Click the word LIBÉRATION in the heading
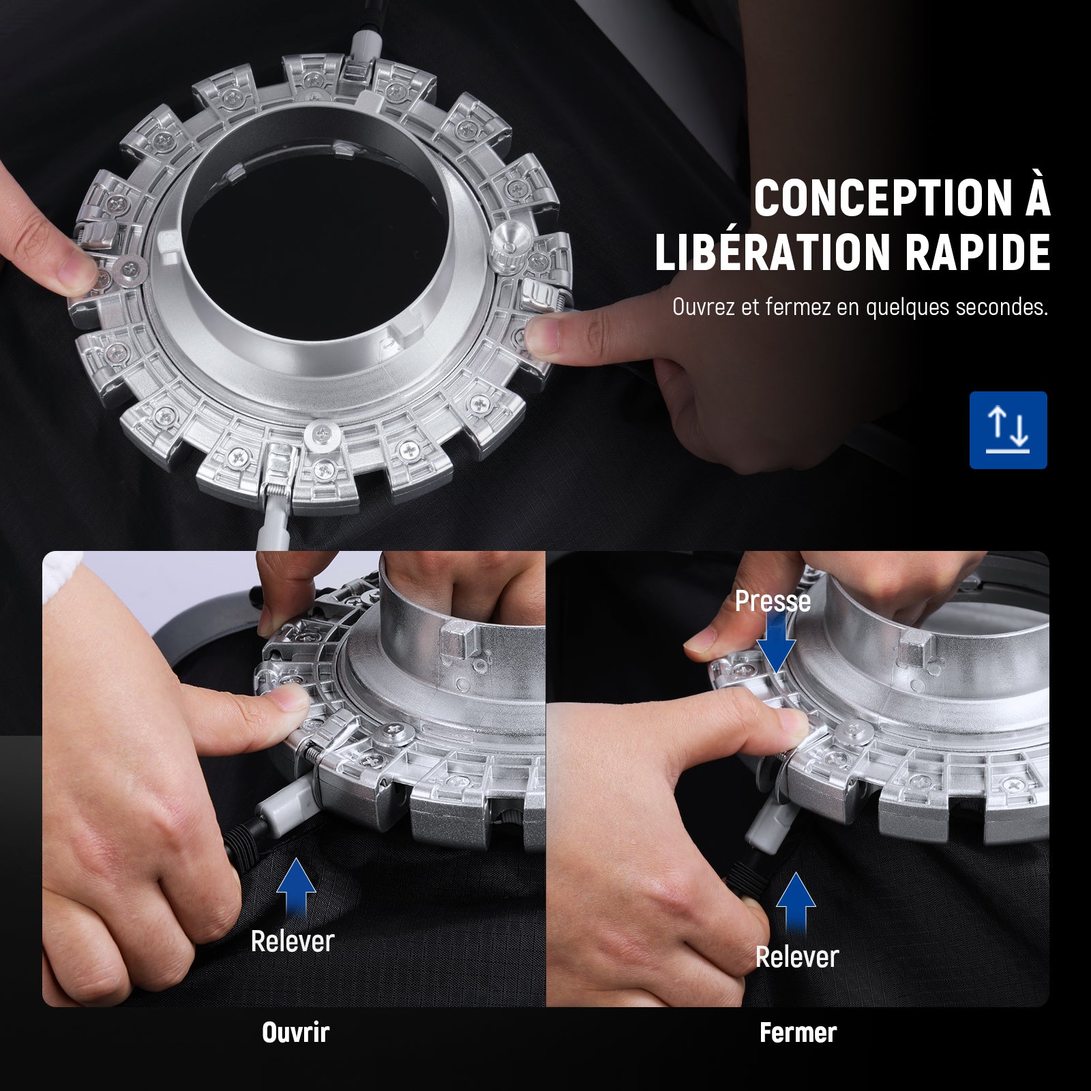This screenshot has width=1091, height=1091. click(x=773, y=253)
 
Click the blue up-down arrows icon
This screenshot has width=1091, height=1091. click(x=1008, y=430)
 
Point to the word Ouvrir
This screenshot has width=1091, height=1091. click(x=296, y=1032)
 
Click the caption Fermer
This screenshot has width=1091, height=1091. click(x=798, y=1032)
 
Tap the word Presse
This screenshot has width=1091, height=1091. click(x=773, y=601)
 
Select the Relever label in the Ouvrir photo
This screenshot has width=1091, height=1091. click(x=293, y=942)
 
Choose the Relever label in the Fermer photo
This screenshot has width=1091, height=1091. click(x=796, y=957)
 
